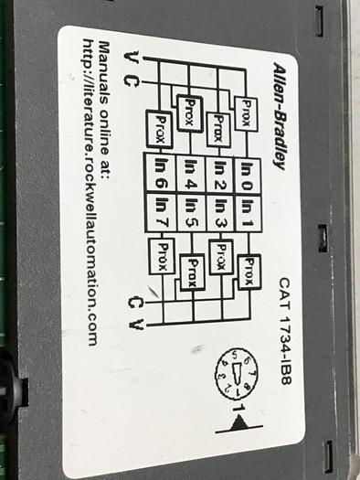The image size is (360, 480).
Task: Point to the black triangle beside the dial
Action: [x=240, y=421]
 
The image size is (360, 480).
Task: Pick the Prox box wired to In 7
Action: [x=165, y=249]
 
